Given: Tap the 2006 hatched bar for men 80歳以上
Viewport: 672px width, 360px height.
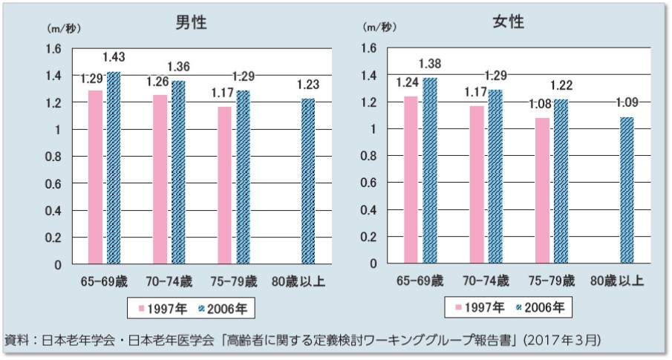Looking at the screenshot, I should (x=307, y=181).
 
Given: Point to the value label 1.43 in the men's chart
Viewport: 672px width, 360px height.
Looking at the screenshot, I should (x=113, y=57).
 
